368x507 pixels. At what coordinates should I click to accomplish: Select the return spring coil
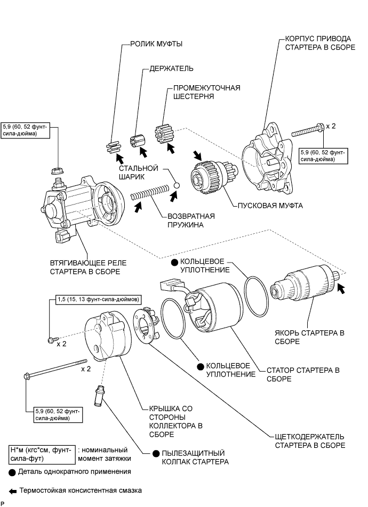(150, 192)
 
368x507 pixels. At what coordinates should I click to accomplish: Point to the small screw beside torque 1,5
(51, 339)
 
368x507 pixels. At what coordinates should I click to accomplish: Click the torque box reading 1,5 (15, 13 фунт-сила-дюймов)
(98, 299)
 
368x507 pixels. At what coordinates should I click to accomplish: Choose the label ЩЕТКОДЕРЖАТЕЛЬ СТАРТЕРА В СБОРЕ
(305, 440)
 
